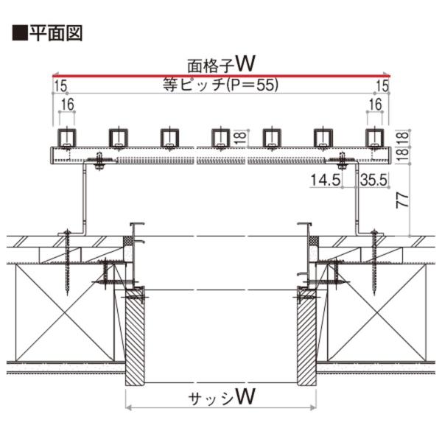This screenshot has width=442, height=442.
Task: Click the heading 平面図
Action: pyautogui.click(x=56, y=33)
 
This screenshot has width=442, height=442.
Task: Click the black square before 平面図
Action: pyautogui.click(x=20, y=33)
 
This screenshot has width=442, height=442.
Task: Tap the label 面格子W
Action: pyautogui.click(x=221, y=64)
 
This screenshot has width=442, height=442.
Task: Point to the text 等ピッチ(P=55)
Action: pyautogui.click(x=221, y=84)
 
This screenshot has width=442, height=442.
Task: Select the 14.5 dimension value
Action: pyautogui.click(x=326, y=180)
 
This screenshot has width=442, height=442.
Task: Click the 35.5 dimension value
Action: pyautogui.click(x=373, y=180)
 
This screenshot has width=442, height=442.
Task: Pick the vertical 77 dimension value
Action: pyautogui.click(x=403, y=200)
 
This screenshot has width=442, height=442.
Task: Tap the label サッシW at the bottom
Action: pyautogui.click(x=222, y=397)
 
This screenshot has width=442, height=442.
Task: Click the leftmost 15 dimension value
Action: pyautogui.click(x=60, y=85)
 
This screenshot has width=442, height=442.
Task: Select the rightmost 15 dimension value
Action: pyautogui.click(x=382, y=85)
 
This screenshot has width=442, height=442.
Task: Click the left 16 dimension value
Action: pyautogui.click(x=68, y=105)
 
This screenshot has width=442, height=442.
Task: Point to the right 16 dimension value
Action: pyautogui.click(x=375, y=105)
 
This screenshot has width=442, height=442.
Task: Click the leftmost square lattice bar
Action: pyautogui.click(x=67, y=138)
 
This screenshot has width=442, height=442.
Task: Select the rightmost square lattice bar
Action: pyautogui.click(x=375, y=138)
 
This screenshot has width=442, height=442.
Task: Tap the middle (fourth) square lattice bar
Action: pyautogui.click(x=221, y=138)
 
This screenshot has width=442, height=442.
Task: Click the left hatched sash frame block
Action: pyautogui.click(x=135, y=337)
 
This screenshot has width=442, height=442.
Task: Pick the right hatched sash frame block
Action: pyautogui.click(x=306, y=337)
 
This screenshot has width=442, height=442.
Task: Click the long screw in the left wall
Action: pyautogui.click(x=68, y=262)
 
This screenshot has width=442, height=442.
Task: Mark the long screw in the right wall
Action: pyautogui.click(x=374, y=262)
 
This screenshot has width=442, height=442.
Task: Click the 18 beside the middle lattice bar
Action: pyautogui.click(x=240, y=138)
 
